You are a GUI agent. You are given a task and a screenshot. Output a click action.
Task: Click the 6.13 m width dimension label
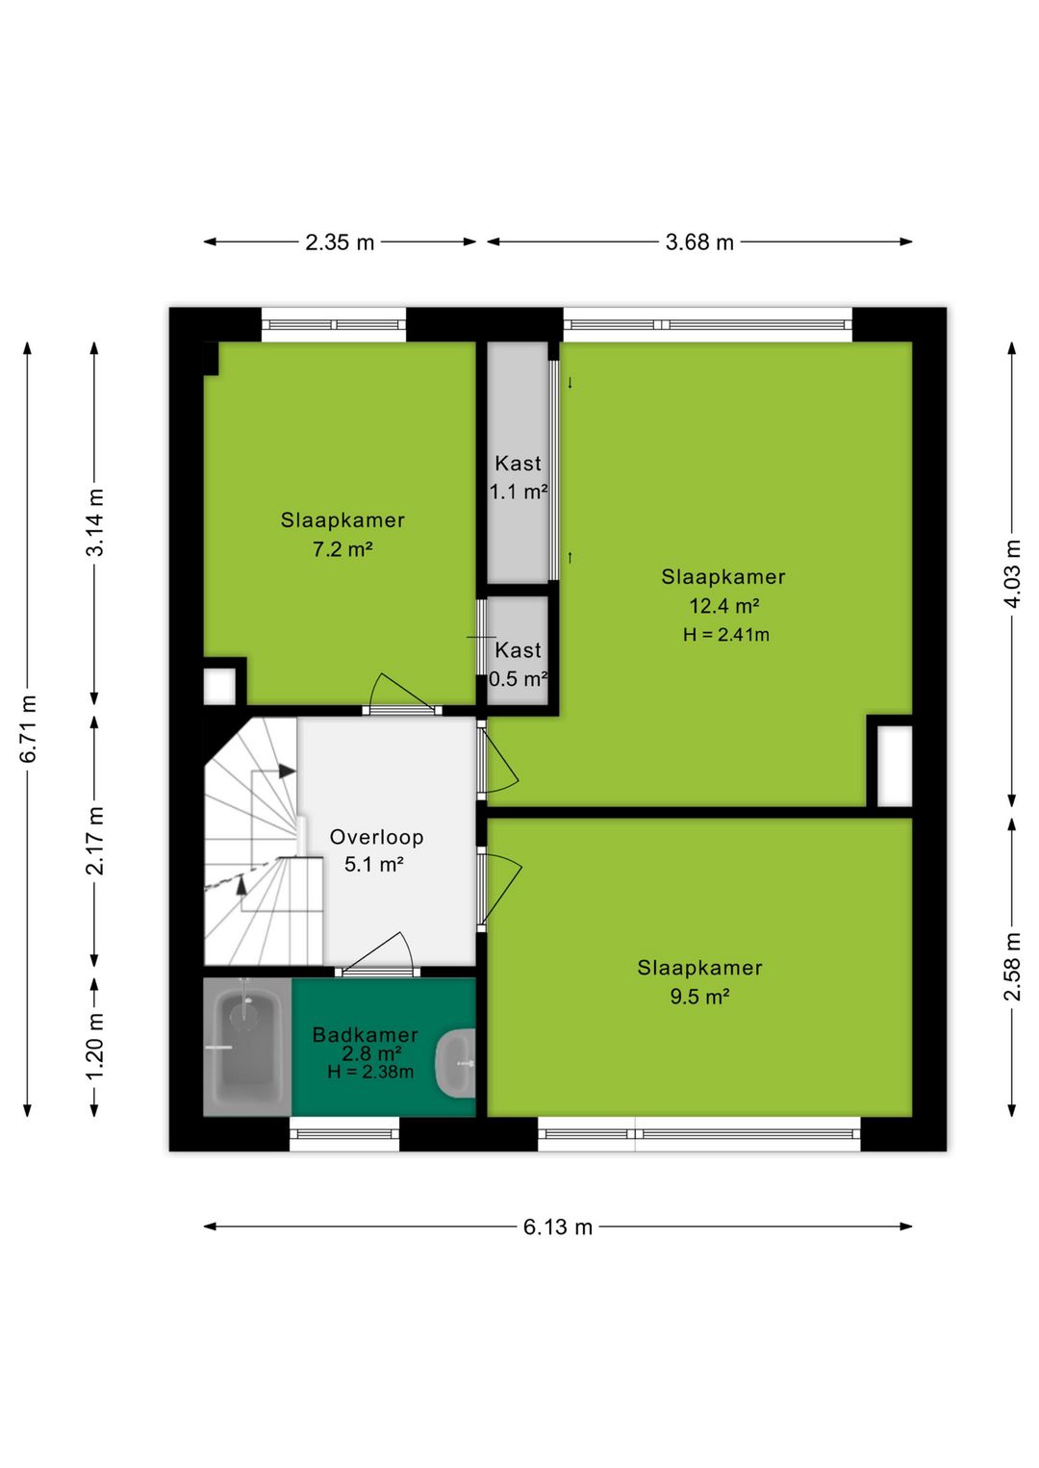[557, 1227]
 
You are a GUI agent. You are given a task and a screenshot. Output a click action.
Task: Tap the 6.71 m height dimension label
[29, 728]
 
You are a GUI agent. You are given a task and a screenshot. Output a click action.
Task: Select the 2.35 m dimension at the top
[340, 242]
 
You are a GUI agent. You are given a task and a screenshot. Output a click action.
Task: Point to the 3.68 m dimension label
[699, 242]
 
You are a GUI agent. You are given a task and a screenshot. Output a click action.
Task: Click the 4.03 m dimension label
[1013, 574]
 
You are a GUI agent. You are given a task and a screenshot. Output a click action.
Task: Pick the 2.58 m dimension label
[1013, 967]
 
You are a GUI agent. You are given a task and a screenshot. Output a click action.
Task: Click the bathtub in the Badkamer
[247, 1048]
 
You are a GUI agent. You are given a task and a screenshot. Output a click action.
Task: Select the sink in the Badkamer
[456, 1064]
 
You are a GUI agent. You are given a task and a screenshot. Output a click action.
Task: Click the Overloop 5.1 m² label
[376, 850]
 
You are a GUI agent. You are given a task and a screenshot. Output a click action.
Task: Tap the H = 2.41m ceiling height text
[725, 634]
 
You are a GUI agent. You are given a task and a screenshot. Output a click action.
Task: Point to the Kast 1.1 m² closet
[518, 462]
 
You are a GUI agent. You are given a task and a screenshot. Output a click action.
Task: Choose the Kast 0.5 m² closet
[518, 650]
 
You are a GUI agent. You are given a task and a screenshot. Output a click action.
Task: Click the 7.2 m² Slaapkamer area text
[342, 549]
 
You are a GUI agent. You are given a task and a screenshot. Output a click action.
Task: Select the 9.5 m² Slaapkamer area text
[699, 997]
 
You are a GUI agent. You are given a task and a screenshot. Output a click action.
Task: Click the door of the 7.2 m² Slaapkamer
[403, 692]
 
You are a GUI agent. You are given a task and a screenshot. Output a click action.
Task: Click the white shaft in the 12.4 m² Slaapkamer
[895, 767]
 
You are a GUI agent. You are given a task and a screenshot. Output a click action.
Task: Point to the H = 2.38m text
[370, 1073]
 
